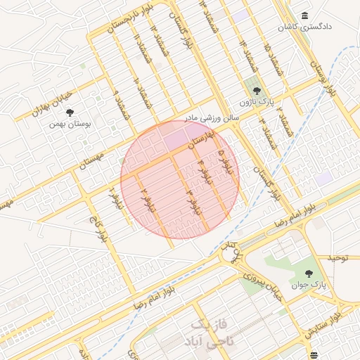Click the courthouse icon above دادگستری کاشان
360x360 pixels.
pos(304,16)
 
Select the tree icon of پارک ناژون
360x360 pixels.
pos(257,91)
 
